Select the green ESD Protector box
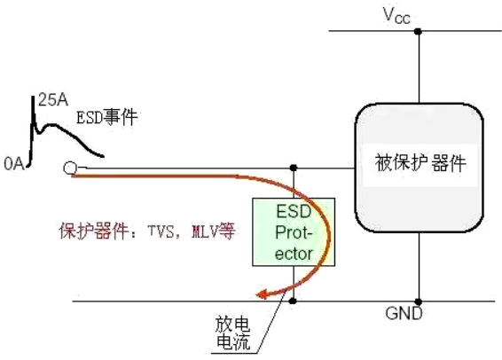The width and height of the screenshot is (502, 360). pyautogui.click(x=294, y=231)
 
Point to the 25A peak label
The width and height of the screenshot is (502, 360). pyautogui.click(x=50, y=100)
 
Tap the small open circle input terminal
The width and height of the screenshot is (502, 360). pyautogui.click(x=69, y=167)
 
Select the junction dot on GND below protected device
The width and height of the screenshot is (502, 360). pyautogui.click(x=417, y=301)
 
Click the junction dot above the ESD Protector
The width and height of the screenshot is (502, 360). pyautogui.click(x=294, y=167)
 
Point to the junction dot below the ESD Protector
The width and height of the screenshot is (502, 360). pyautogui.click(x=294, y=301)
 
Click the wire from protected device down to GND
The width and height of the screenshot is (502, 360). pyautogui.click(x=417, y=266)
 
